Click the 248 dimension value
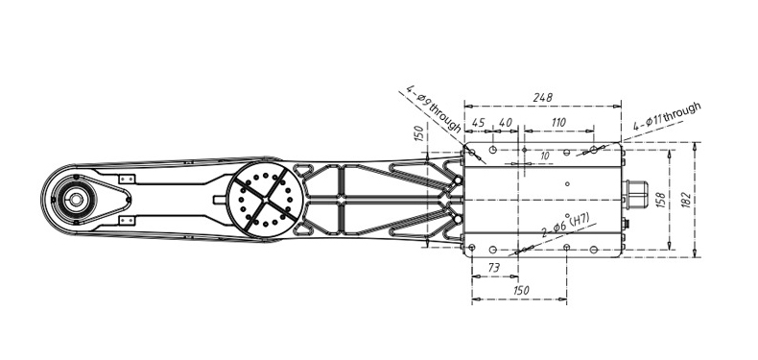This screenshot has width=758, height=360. [542, 97]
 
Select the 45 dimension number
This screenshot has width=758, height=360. [478, 123]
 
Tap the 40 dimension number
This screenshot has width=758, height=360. [505, 123]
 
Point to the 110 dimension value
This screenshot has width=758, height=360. [558, 123]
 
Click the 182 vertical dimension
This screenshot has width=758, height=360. [686, 200]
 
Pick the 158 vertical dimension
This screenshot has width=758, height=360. [661, 200]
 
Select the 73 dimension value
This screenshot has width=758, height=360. [494, 268]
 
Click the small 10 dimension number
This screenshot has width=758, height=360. [545, 156]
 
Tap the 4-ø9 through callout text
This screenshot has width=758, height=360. [434, 109]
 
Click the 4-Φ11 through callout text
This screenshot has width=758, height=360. [667, 116]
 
